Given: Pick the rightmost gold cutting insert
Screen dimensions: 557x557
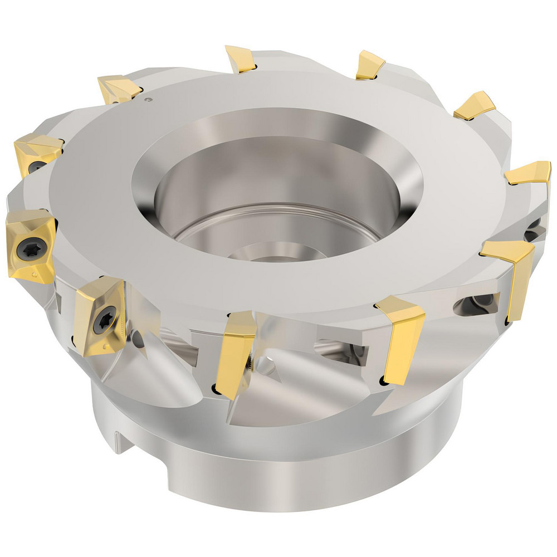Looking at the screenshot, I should tap(527, 173).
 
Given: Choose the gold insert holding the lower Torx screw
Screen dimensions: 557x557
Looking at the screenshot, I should tap(100, 315).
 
